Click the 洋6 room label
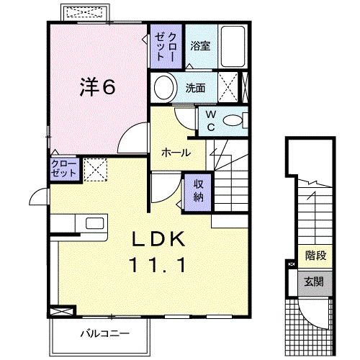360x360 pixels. pos(97,88)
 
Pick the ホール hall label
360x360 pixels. pos(176,153)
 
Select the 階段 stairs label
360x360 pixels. pos(314,254)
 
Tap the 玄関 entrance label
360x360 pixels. pos(314,281)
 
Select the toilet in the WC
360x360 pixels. pos(232,120)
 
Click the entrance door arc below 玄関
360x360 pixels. pos(315,313)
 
